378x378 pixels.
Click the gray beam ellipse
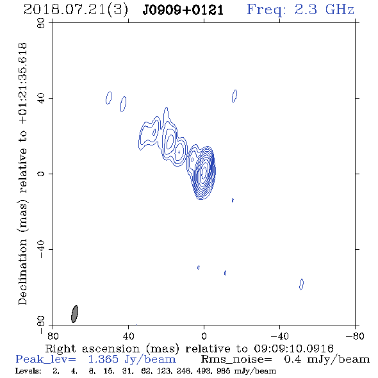pyautogui.click(x=75, y=314)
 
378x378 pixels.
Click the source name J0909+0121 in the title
pyautogui.click(x=183, y=10)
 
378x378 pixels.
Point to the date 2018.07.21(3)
pyautogui.click(x=76, y=10)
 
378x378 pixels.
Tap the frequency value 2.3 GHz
pyautogui.click(x=324, y=10)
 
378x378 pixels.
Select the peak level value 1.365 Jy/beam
pyautogui.click(x=132, y=359)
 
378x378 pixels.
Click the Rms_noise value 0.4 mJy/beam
pyautogui.click(x=327, y=359)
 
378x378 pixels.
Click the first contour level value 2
pyautogui.click(x=56, y=371)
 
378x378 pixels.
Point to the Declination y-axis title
pyautogui.click(x=22, y=174)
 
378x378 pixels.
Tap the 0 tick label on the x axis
pyautogui.click(x=204, y=336)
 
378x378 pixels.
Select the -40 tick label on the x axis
pyautogui.click(x=279, y=336)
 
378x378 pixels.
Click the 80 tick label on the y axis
pyautogui.click(x=42, y=23)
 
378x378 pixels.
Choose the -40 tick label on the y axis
pyautogui.click(x=42, y=249)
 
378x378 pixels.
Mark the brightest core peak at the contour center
pyautogui.click(x=204, y=172)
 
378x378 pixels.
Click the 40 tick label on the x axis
pyautogui.click(x=129, y=336)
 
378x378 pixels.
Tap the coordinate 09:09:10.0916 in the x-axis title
pyautogui.click(x=294, y=349)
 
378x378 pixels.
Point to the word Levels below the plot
pyautogui.click(x=28, y=371)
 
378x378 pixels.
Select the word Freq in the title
pyautogui.click(x=266, y=10)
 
